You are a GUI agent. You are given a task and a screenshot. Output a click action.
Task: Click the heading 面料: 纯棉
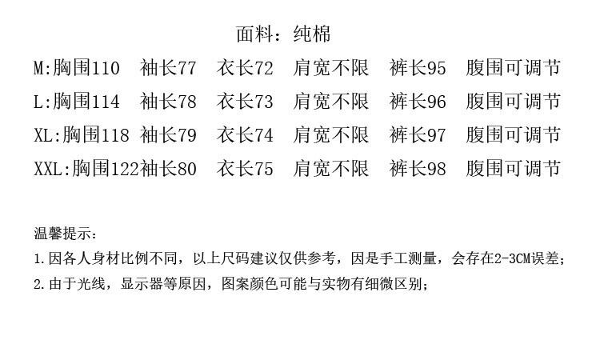[282, 34]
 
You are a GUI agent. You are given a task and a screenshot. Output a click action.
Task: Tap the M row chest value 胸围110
[86, 69]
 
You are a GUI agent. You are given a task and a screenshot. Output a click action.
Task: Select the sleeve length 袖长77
[168, 69]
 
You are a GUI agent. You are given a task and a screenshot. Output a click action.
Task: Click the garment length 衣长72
[245, 69]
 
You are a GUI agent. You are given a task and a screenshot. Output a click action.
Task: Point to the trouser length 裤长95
[418, 69]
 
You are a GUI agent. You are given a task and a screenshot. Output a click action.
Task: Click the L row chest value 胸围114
[86, 102]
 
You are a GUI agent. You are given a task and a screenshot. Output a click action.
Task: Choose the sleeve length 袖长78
[168, 102]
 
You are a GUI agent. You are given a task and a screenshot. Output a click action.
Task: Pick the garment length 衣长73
[245, 102]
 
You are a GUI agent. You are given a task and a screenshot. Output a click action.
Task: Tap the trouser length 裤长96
[418, 102]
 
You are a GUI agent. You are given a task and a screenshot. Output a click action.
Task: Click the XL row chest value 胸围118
[96, 136]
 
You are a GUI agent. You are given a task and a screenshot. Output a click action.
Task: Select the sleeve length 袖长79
[168, 136]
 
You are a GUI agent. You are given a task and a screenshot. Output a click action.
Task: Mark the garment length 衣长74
[245, 136]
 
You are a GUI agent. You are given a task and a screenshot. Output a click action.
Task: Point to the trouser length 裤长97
[418, 136]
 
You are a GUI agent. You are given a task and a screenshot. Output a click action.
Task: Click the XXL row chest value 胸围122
[106, 170]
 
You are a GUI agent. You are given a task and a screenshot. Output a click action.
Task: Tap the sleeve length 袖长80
[169, 170]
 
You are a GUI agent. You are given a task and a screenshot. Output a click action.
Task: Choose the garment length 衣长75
[245, 170]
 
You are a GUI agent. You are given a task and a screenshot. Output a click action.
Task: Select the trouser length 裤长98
[418, 170]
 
